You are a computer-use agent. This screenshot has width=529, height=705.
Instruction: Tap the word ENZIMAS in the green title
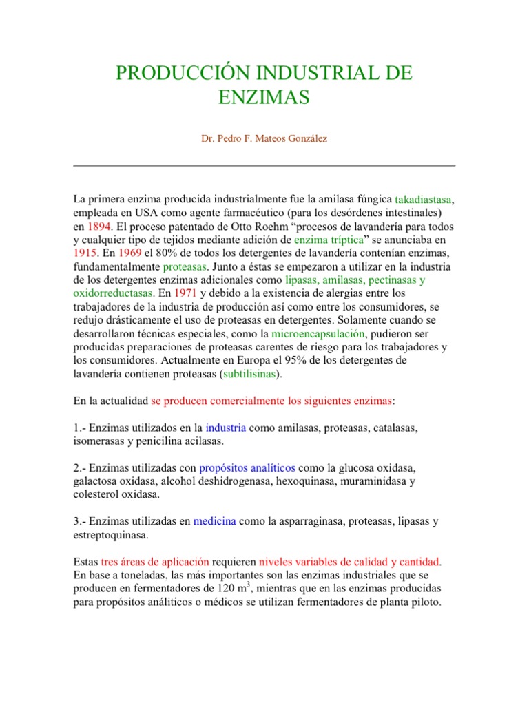point(264,98)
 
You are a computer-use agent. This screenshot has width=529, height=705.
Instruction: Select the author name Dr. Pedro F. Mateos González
point(264,138)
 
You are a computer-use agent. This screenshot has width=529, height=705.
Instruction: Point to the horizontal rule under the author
point(264,166)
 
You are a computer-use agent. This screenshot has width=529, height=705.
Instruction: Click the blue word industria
point(225,428)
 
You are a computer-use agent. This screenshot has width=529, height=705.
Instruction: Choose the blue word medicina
point(214,521)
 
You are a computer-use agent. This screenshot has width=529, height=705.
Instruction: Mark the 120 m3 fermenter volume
point(251,588)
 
